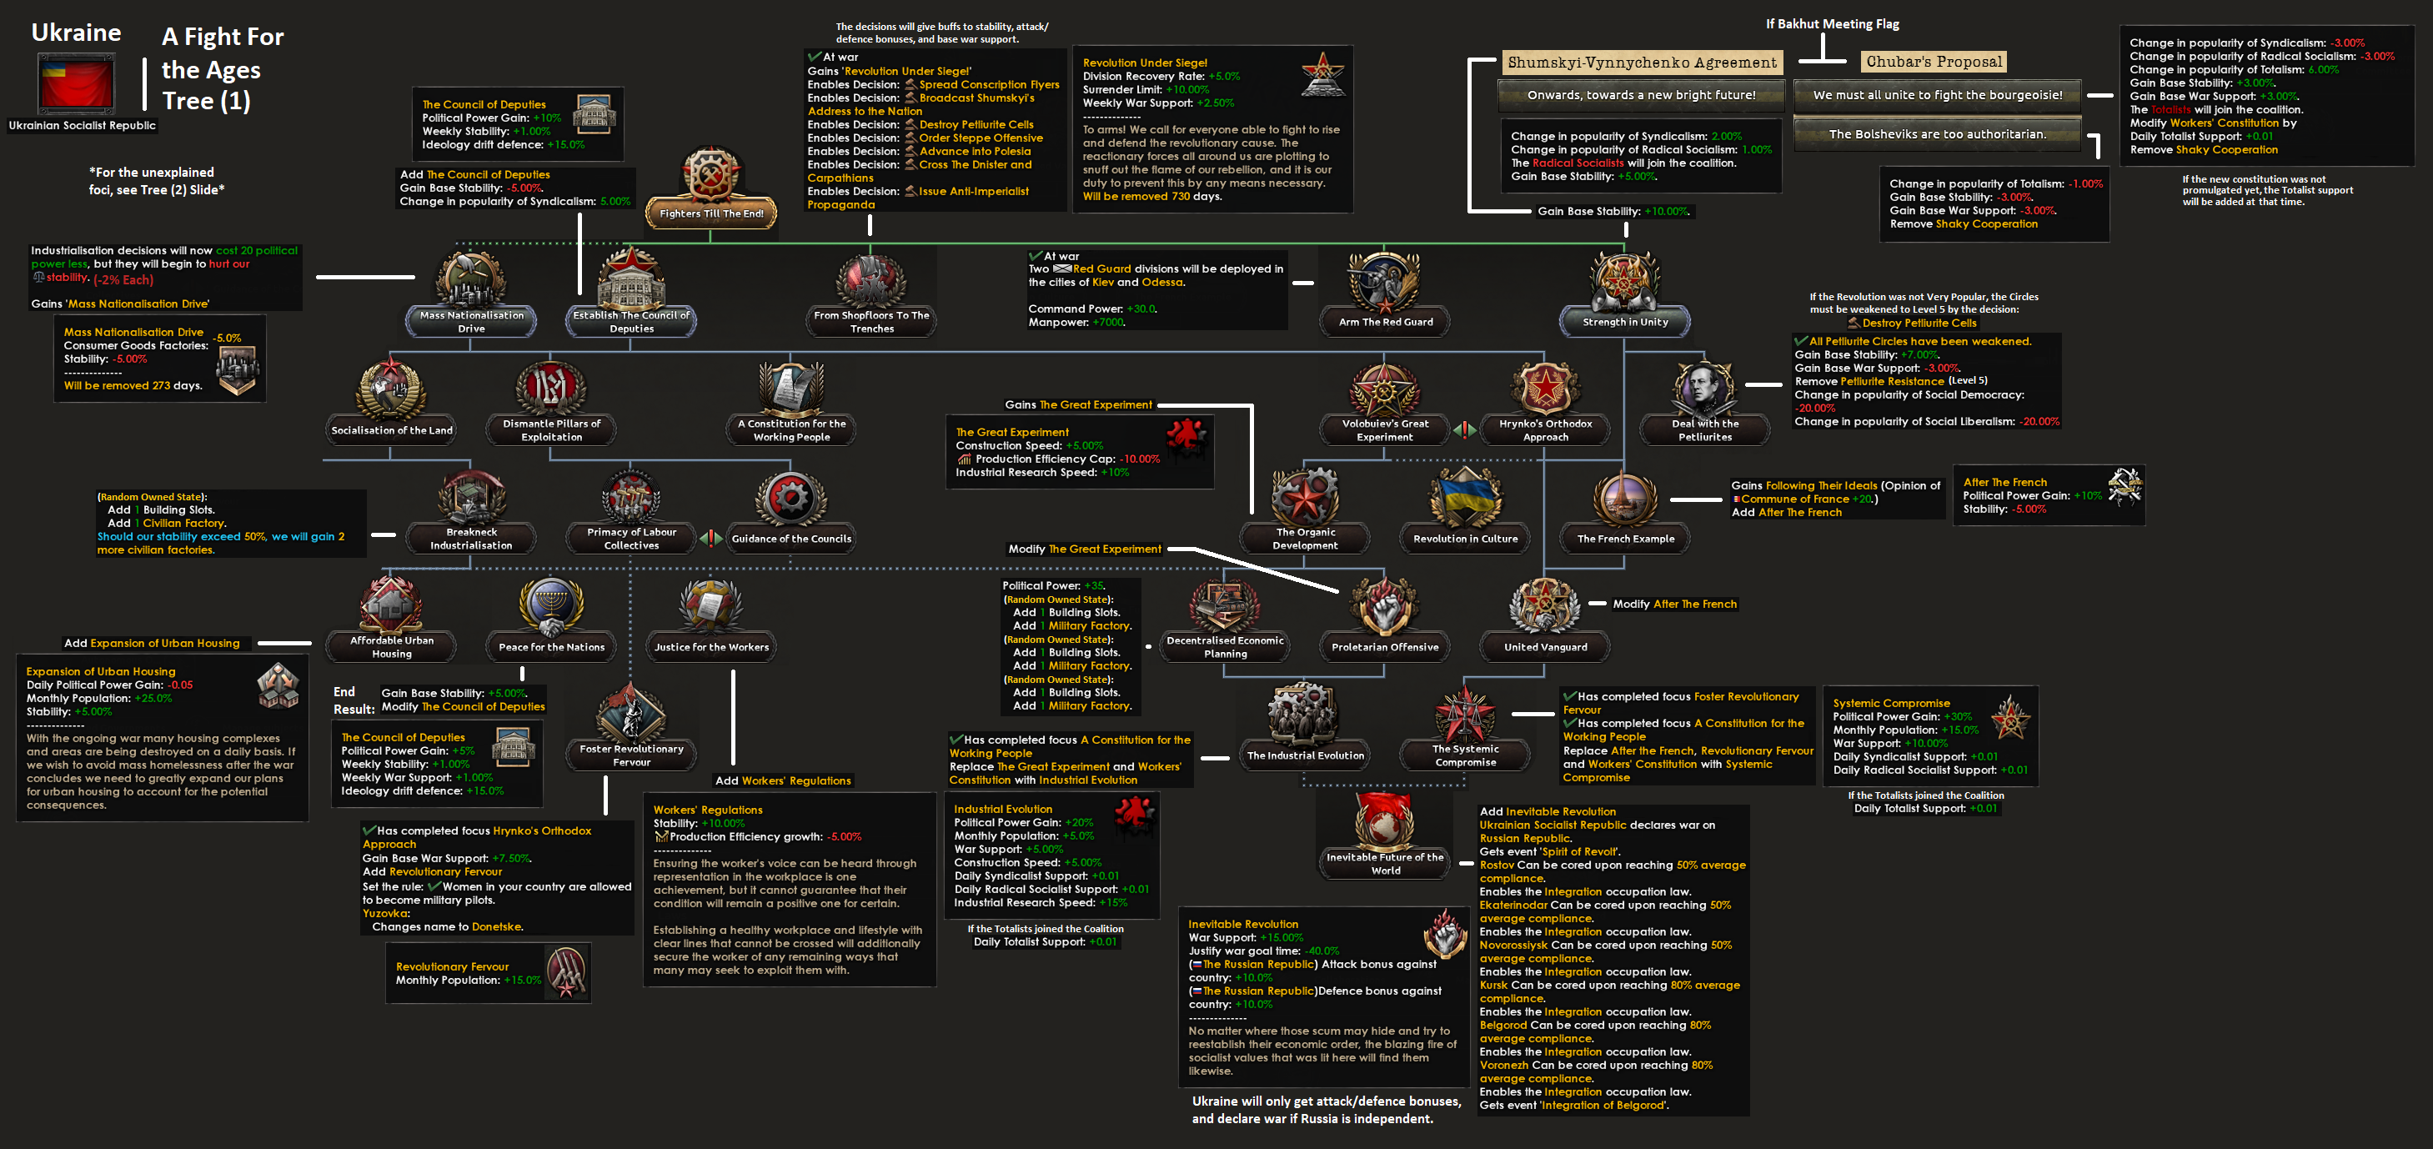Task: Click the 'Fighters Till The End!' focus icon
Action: (x=710, y=175)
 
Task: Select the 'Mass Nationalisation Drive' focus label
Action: (x=471, y=321)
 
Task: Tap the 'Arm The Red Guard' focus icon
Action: (x=1385, y=281)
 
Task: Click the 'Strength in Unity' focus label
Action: (x=1624, y=322)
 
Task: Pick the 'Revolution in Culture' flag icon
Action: (x=1465, y=497)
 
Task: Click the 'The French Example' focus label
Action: (x=1625, y=539)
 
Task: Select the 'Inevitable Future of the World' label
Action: (x=1385, y=864)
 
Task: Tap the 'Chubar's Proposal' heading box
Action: (x=1934, y=63)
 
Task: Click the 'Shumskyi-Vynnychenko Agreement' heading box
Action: (x=1642, y=63)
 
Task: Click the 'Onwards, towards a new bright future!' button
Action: (x=1642, y=95)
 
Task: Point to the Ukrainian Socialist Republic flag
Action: (x=77, y=84)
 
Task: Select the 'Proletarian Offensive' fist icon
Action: (x=1385, y=605)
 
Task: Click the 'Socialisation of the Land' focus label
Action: (x=392, y=430)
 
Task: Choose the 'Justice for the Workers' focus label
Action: (x=711, y=647)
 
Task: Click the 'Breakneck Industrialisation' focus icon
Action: (x=471, y=497)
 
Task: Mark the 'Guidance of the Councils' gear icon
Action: (x=791, y=497)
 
